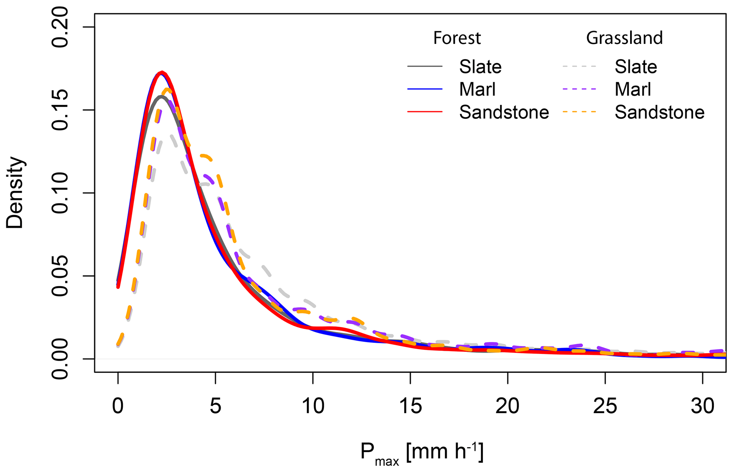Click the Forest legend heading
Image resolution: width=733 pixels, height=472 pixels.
point(457,38)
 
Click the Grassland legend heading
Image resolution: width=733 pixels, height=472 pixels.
point(624,38)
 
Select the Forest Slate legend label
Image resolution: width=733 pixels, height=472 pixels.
point(480,67)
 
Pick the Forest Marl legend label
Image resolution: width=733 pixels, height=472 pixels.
point(477,89)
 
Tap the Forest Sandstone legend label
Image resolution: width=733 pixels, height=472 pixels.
point(504,112)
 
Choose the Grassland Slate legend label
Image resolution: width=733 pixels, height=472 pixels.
point(635,67)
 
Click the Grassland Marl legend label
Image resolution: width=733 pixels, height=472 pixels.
point(633,89)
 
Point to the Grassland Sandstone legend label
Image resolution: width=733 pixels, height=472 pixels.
point(659,112)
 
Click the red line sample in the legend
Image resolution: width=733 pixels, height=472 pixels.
point(425,112)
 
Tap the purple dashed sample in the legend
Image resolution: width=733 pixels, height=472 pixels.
point(579,89)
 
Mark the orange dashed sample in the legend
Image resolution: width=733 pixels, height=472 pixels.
point(579,112)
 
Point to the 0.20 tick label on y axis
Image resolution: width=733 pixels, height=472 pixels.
point(60,27)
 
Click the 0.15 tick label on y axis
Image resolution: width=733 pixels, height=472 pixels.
point(60,110)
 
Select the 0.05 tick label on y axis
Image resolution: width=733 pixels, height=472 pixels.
point(60,276)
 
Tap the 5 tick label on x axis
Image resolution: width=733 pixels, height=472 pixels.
point(215,406)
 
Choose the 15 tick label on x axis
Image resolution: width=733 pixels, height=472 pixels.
point(410,406)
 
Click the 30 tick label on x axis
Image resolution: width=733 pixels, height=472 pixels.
point(703,406)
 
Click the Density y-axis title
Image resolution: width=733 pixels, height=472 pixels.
point(15,193)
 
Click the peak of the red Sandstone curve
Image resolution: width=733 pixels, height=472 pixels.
point(162,73)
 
